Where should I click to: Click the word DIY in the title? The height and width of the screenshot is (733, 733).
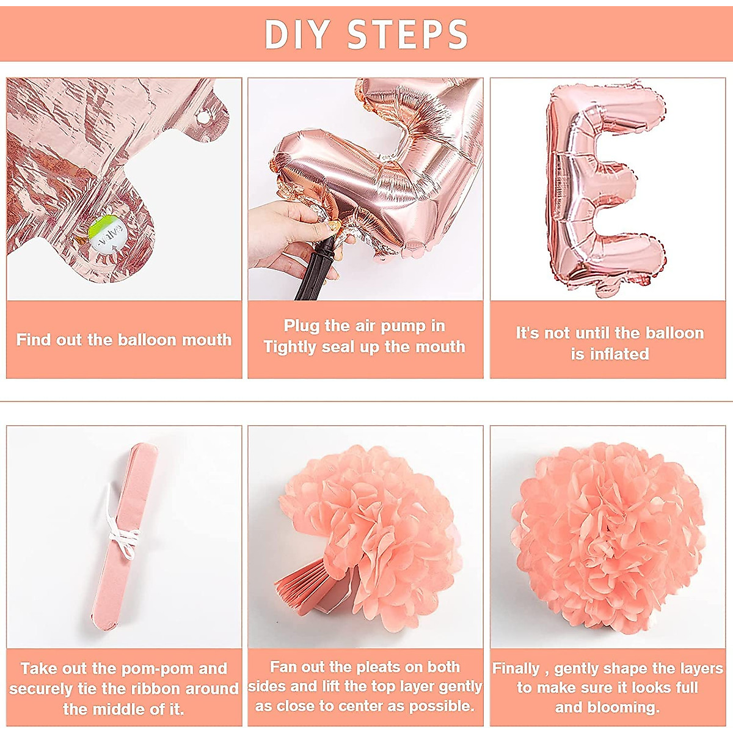click(x=297, y=34)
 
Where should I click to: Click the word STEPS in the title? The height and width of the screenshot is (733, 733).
click(x=408, y=34)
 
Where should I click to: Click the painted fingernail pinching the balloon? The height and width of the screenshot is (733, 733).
click(x=334, y=227)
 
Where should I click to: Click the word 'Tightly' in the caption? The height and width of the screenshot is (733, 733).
click(x=290, y=348)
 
